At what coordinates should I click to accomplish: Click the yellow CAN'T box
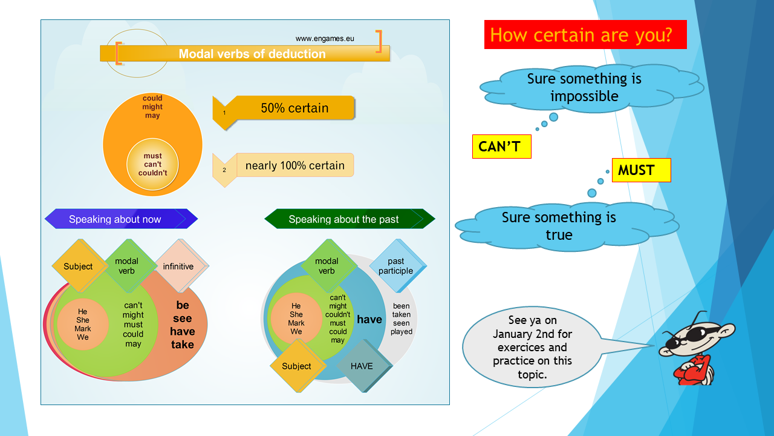click(x=502, y=147)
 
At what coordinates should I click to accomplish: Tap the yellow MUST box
click(x=642, y=170)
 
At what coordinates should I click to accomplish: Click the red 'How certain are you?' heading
click(x=585, y=35)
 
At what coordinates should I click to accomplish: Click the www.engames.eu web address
click(x=325, y=38)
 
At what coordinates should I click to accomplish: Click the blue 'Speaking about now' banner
click(x=122, y=219)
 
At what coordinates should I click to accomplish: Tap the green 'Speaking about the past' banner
click(x=350, y=219)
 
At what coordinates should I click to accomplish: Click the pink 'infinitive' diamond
click(x=180, y=266)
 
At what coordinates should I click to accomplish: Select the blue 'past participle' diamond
click(x=397, y=266)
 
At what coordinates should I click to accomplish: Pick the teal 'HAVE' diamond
click(x=363, y=366)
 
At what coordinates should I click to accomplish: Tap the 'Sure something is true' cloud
click(x=567, y=226)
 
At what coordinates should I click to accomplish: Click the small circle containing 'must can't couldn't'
click(x=152, y=164)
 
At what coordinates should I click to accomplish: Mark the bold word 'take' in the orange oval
click(x=183, y=345)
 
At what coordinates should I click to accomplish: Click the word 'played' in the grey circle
click(x=402, y=331)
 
